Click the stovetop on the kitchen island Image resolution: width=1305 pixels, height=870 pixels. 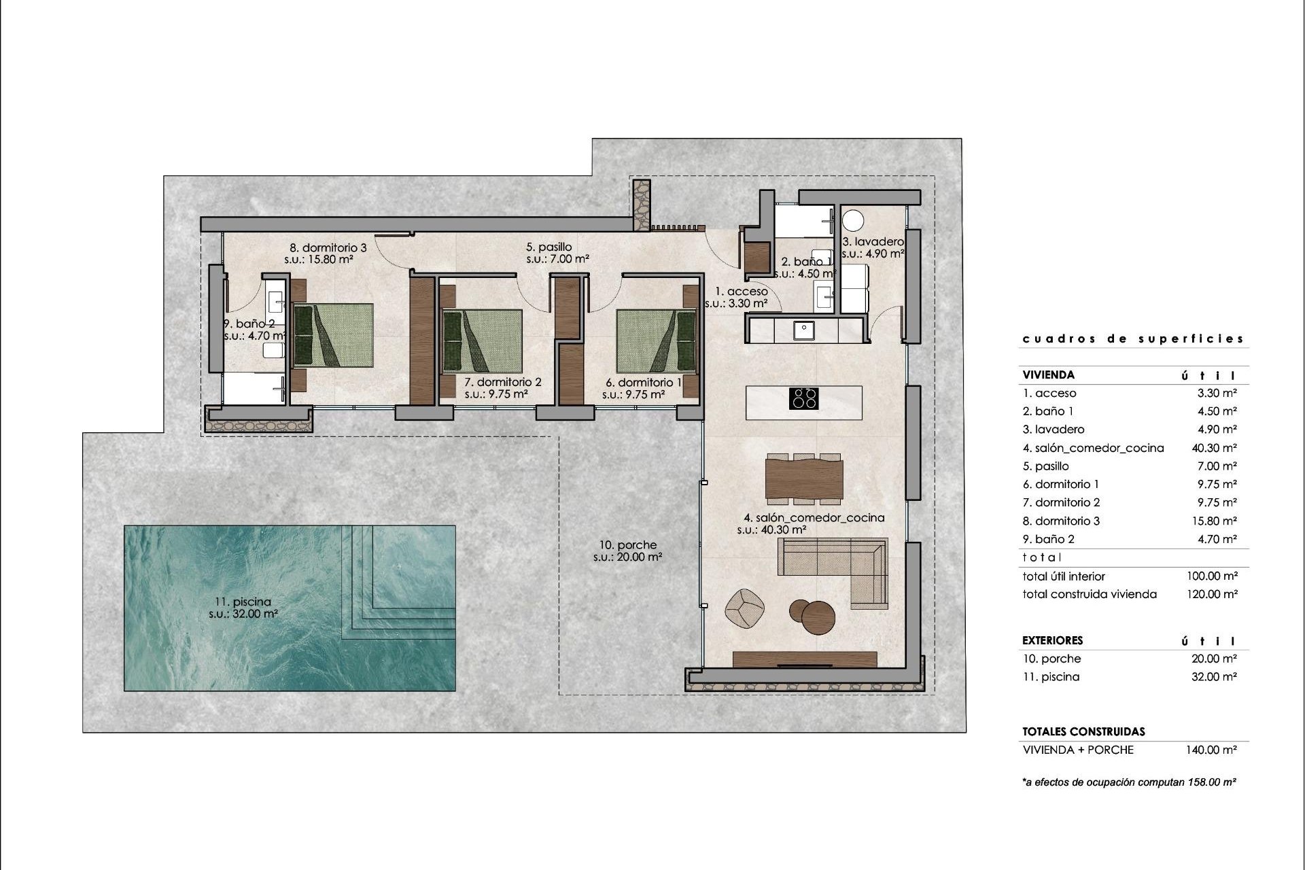[x=803, y=398]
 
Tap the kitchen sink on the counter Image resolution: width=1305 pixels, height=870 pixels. [x=804, y=330]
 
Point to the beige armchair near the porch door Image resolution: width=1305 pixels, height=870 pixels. [x=745, y=606]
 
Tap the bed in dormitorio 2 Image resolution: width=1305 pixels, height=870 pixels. [x=482, y=341]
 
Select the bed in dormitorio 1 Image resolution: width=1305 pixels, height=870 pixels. [x=656, y=341]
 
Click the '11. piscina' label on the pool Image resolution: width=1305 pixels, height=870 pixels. [x=243, y=602]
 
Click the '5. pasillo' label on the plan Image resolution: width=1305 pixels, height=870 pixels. [x=549, y=247]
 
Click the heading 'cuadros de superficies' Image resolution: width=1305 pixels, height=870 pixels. [x=1133, y=338]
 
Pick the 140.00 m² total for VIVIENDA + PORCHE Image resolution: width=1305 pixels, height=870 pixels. [x=1213, y=750]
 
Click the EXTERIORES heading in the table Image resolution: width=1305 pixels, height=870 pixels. [x=1052, y=640]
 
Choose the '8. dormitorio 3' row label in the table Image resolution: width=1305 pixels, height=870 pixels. [x=1061, y=521]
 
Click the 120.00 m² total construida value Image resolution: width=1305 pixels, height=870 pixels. [x=1213, y=594]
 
